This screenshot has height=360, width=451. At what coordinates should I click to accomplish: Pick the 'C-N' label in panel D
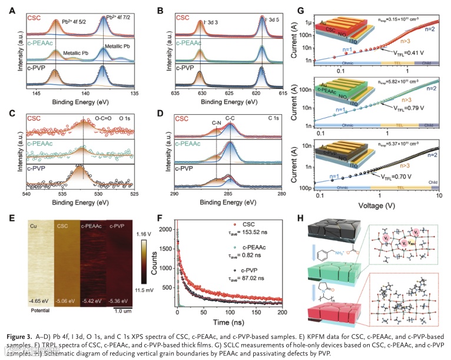pos(216,123)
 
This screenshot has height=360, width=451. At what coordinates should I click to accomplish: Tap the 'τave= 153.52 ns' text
pos(253,232)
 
